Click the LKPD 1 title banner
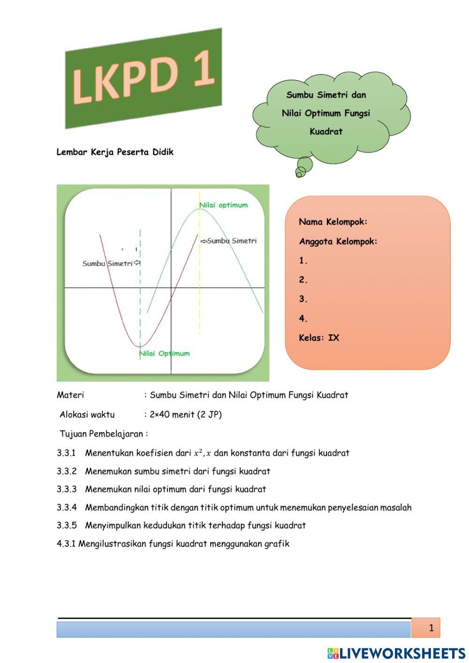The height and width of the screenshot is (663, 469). [144, 78]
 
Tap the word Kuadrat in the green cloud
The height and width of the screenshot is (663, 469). [326, 132]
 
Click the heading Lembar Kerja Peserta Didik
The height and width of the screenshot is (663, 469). [115, 152]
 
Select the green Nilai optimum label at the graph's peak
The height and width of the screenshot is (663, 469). [223, 205]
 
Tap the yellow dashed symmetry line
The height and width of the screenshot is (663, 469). [200, 282]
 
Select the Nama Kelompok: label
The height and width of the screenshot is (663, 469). [333, 221]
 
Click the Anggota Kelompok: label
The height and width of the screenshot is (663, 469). [338, 242]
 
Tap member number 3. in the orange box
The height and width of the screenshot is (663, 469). [303, 299]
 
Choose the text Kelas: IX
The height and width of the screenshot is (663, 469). [319, 338]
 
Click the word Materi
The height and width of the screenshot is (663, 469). [70, 395]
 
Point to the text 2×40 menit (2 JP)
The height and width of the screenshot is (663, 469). [186, 415]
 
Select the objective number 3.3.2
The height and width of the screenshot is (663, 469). [67, 472]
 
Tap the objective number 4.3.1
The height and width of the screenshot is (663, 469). [66, 544]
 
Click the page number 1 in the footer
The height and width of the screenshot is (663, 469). [431, 628]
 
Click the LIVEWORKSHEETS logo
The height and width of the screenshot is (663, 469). [396, 653]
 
